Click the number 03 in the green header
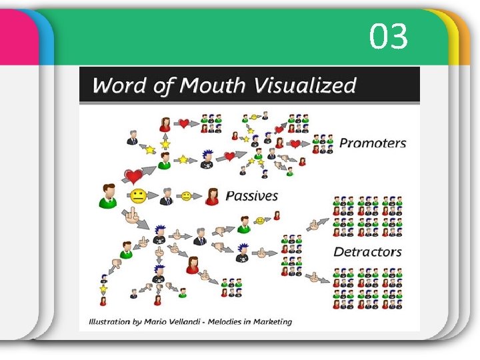(389, 37)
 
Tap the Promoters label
(372, 143)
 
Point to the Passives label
(251, 195)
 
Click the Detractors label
(367, 252)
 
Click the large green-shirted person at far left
(107, 195)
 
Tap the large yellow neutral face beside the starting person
(138, 197)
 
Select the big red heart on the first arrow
(134, 177)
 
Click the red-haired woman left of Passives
(213, 195)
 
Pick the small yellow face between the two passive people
(187, 196)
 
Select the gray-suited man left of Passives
(167, 196)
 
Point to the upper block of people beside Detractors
(367, 217)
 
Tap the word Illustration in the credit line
(105, 321)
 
